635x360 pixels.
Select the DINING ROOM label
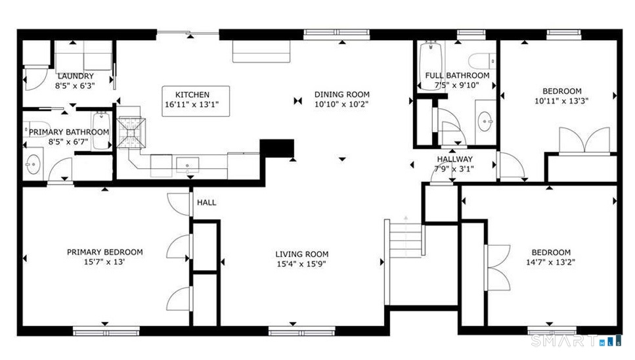(341, 94)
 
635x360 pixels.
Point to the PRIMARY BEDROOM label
(104, 252)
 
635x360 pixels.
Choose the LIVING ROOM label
(301, 254)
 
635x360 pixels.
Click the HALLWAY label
(454, 159)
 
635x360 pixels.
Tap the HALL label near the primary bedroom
(206, 202)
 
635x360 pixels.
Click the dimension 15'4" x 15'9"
(301, 263)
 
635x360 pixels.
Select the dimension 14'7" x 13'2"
(550, 262)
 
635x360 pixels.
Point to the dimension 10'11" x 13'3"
(561, 101)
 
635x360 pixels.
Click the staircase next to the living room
(404, 240)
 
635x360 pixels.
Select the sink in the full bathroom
(485, 120)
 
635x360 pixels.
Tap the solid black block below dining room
(276, 148)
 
